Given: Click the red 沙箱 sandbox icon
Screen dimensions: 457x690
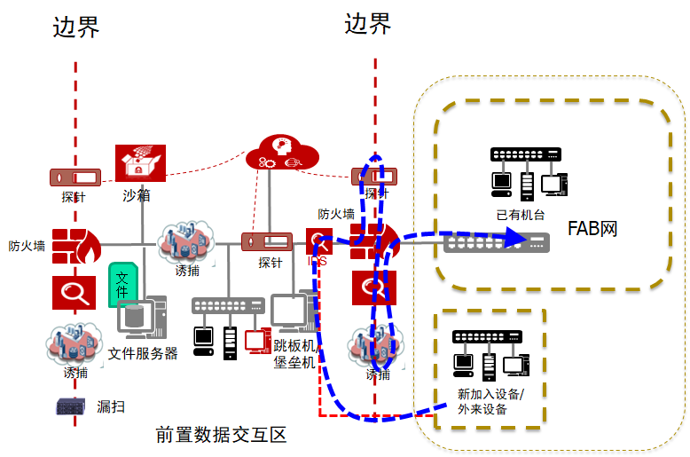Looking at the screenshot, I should click(140, 164).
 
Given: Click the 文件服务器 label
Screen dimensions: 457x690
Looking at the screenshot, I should click(143, 353).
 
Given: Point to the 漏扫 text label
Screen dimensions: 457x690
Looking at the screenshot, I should click(110, 407).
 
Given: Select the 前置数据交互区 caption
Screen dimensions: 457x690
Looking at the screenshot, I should click(221, 435).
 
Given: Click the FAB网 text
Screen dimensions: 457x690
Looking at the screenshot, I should click(592, 229).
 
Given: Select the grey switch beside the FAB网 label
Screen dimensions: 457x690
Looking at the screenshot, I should click(497, 241).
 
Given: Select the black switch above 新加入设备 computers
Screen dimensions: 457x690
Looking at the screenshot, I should click(487, 337).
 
